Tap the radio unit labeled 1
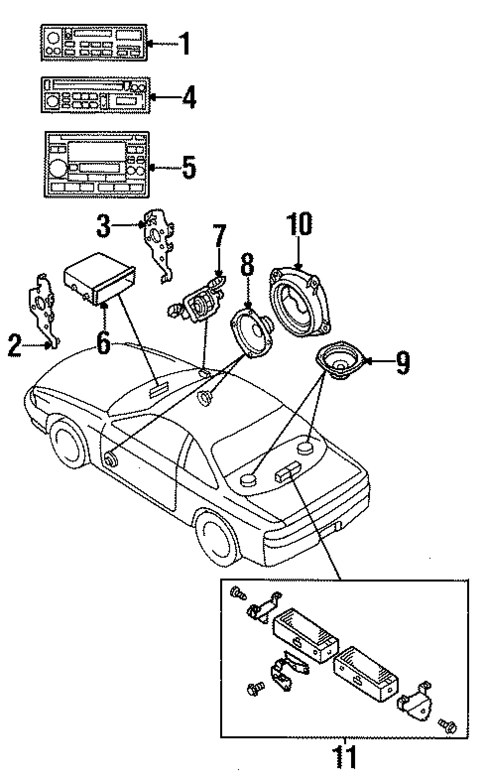pos(96,44)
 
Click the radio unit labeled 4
pos(97,98)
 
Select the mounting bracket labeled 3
pos(158,245)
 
